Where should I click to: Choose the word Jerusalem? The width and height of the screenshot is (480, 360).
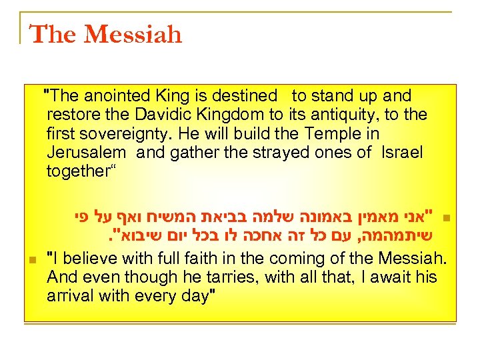click(87, 152)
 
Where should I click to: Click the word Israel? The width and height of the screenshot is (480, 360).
click(402, 152)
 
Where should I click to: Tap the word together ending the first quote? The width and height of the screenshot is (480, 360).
click(79, 171)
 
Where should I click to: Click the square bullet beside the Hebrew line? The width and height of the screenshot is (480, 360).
click(447, 218)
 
